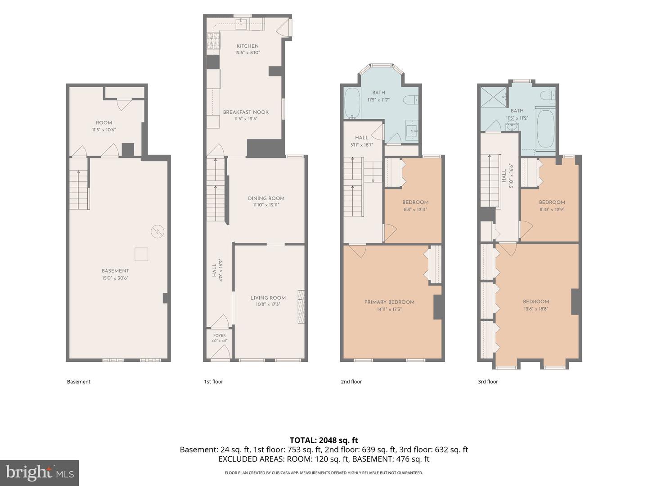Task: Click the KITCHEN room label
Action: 247,46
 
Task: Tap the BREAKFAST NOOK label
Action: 246,112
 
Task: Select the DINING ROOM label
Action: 266,198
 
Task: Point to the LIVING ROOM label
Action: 268,298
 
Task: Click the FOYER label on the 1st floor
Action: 219,336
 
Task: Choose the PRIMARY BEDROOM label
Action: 389,302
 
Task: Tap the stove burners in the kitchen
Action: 213,40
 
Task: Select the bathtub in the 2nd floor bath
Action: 352,103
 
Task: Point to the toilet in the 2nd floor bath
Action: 411,100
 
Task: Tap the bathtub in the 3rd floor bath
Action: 545,129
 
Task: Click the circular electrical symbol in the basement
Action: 157,232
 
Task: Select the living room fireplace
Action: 301,306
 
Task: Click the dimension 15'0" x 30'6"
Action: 115,278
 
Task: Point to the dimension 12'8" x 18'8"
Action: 536,309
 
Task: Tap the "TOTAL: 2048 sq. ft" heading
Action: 324,440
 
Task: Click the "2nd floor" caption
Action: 351,382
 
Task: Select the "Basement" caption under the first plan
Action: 79,382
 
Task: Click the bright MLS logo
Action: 40,472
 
